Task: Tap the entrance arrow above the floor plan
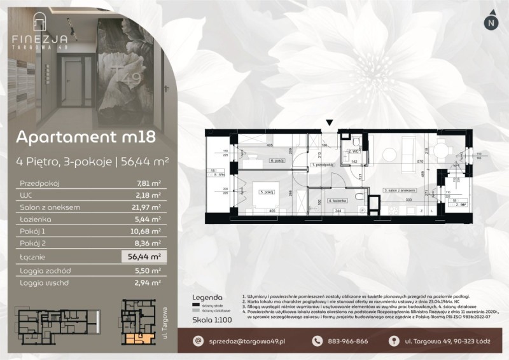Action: click(x=329, y=122)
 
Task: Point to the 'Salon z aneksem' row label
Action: click(x=40, y=206)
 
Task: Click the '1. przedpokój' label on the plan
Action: click(x=323, y=165)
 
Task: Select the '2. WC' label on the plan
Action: click(x=352, y=151)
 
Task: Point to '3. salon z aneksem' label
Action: click(x=400, y=190)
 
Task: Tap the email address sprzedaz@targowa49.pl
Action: click(x=240, y=341)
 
